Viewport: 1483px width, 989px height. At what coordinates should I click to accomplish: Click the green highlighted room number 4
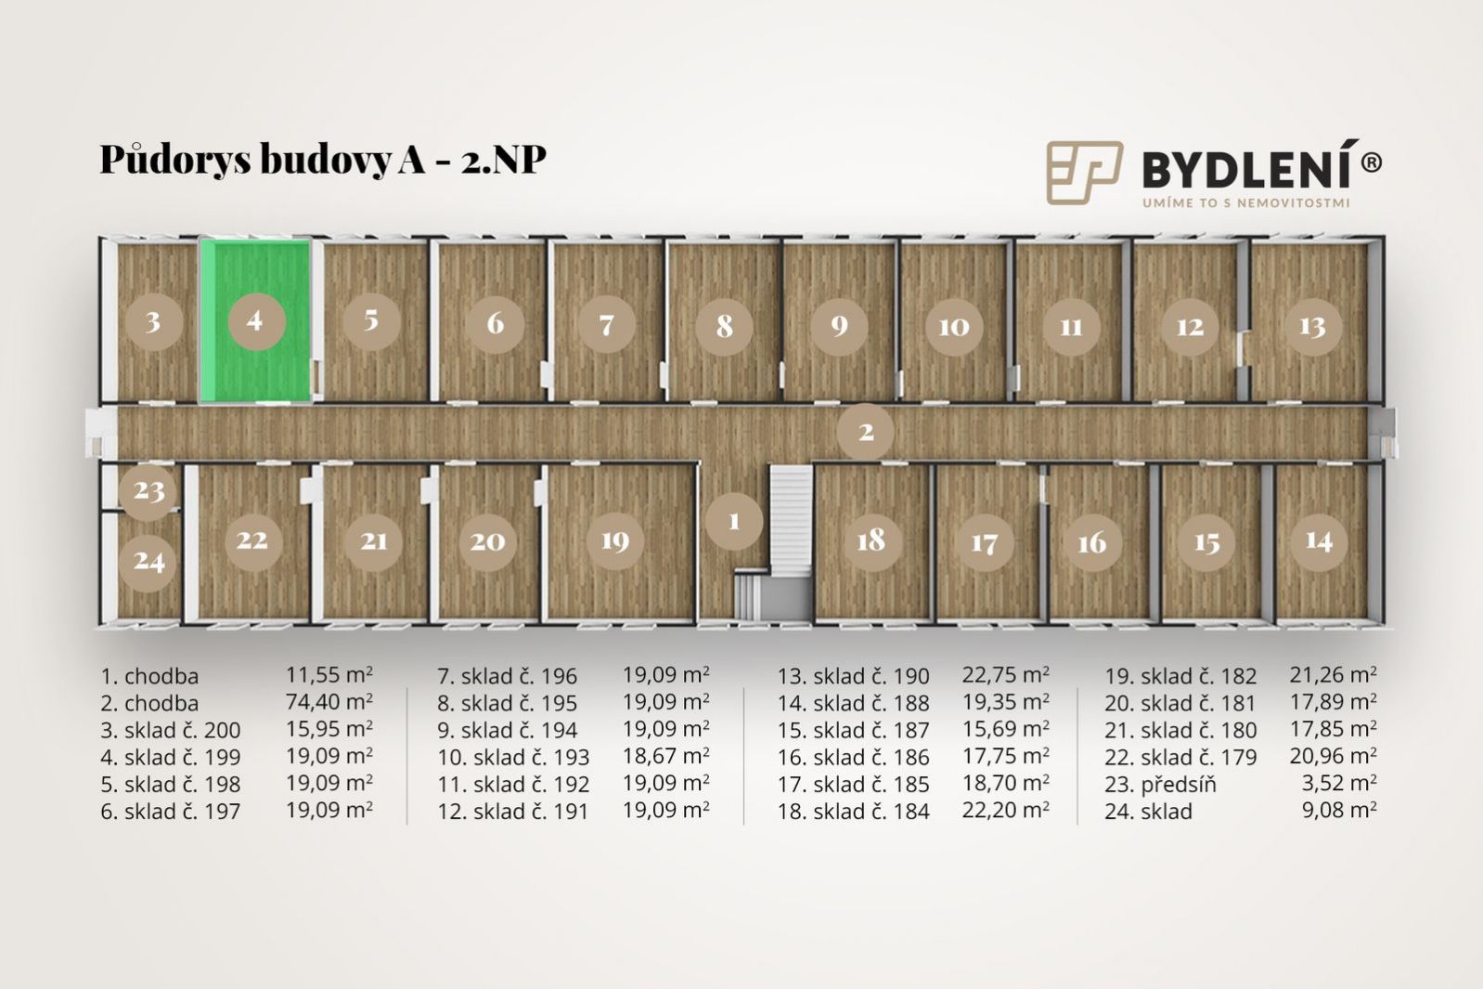255,321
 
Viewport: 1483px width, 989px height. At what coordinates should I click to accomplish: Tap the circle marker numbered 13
1312,326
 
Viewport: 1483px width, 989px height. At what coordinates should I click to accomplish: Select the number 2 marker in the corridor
866,432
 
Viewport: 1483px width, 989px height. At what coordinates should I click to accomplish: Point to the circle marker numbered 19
614,540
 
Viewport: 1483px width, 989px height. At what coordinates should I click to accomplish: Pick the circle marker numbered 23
148,490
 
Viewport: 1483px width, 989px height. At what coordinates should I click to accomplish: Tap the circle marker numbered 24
148,561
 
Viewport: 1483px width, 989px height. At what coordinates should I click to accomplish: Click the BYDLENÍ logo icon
1084,172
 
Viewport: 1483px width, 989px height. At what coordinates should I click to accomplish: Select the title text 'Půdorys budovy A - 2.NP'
323,159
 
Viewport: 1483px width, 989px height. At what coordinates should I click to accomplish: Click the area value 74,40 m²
329,702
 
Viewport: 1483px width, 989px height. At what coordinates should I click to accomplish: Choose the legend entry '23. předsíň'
1160,785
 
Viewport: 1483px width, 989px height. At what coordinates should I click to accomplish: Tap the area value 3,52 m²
1339,783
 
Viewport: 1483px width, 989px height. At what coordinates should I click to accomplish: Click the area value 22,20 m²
1006,810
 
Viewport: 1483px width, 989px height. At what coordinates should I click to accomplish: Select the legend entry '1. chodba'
149,676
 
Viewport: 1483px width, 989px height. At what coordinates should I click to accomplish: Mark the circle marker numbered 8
724,325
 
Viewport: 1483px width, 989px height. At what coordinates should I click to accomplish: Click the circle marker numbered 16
1092,542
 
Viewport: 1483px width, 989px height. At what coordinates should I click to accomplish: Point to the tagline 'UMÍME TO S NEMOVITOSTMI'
1245,202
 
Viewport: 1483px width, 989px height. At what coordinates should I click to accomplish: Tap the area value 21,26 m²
1334,675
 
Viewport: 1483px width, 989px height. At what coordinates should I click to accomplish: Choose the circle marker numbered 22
251,540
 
